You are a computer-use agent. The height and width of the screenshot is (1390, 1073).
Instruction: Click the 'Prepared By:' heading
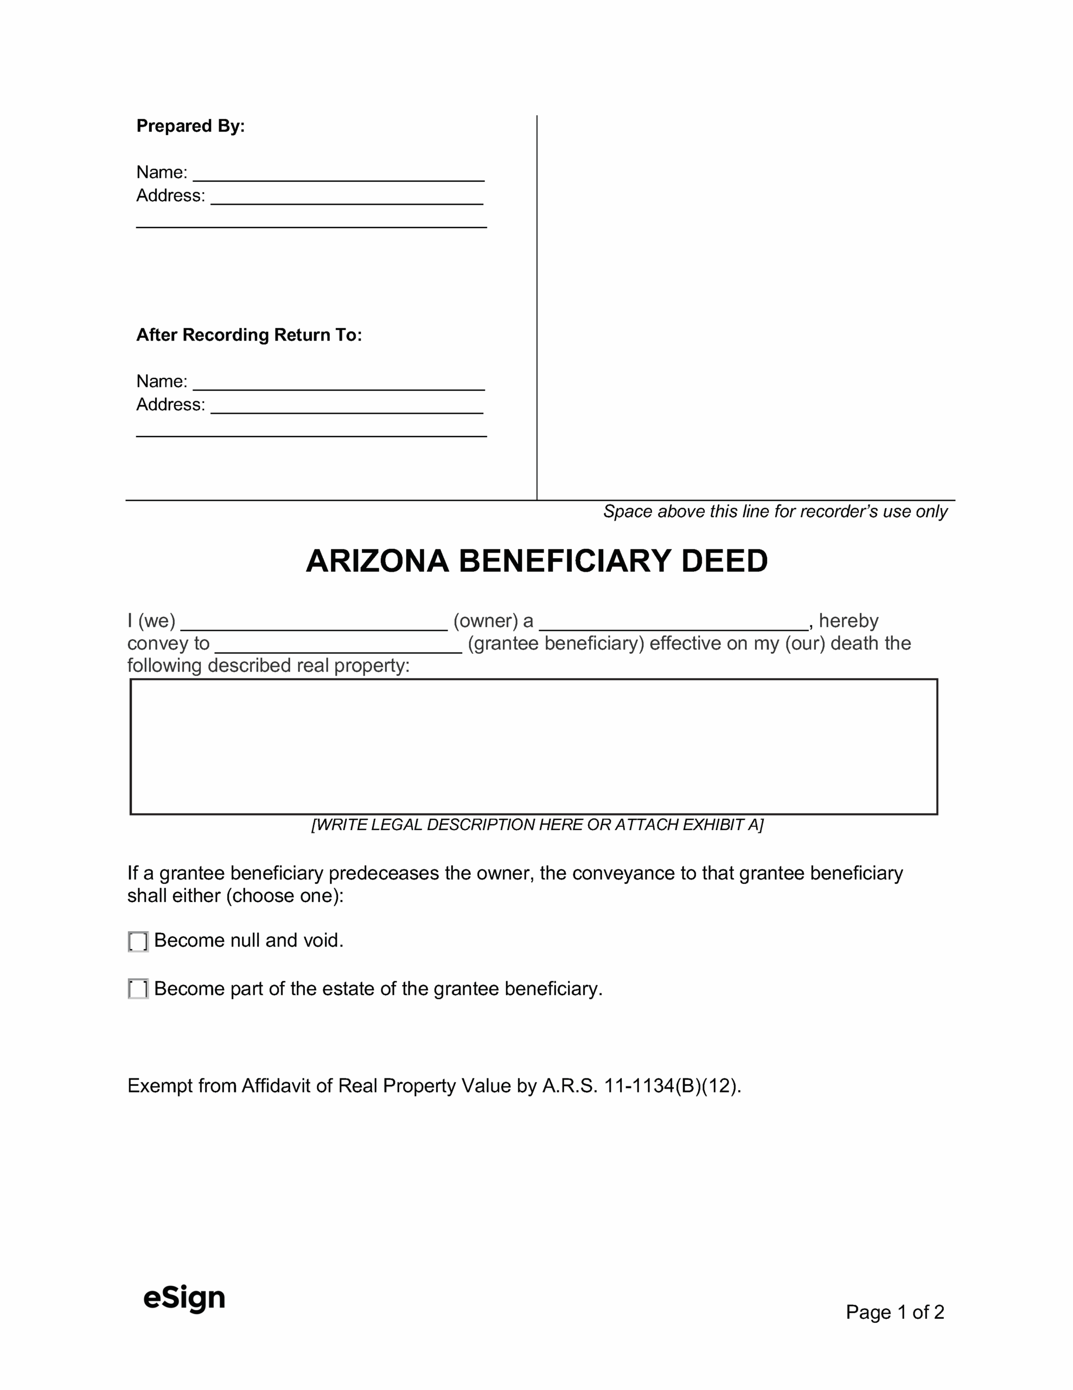pyautogui.click(x=190, y=126)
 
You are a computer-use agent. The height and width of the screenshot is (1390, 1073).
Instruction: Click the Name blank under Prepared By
pyautogui.click(x=338, y=174)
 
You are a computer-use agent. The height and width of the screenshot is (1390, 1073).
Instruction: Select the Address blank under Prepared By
pyautogui.click(x=347, y=197)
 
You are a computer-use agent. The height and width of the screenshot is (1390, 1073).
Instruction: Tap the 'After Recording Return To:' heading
pyautogui.click(x=248, y=335)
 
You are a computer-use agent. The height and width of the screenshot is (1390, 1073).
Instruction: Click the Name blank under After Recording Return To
pyautogui.click(x=338, y=382)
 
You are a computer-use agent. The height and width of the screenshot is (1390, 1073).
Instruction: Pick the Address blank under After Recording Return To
pyautogui.click(x=347, y=406)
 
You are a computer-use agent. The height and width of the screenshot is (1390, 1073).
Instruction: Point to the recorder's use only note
pyautogui.click(x=775, y=511)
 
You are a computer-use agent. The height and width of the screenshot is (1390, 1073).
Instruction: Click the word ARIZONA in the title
pyautogui.click(x=377, y=561)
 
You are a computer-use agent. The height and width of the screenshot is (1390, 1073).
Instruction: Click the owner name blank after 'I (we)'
pyautogui.click(x=314, y=622)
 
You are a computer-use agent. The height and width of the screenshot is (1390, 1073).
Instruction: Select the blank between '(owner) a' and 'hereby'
pyautogui.click(x=674, y=622)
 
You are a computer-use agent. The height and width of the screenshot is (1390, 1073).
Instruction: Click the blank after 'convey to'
pyautogui.click(x=338, y=645)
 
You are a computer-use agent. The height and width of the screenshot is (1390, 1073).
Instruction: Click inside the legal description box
pyautogui.click(x=534, y=747)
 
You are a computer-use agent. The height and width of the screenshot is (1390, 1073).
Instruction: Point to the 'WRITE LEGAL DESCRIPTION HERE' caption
pyautogui.click(x=537, y=825)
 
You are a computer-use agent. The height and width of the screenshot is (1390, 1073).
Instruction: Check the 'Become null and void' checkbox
pyautogui.click(x=138, y=942)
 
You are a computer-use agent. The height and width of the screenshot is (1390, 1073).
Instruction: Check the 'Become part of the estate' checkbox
pyautogui.click(x=138, y=989)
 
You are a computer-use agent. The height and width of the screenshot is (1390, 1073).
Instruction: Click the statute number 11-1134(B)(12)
pyautogui.click(x=672, y=1086)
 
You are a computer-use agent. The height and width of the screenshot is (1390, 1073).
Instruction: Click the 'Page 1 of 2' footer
pyautogui.click(x=895, y=1312)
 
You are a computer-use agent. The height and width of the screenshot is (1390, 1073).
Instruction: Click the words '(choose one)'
pyautogui.click(x=284, y=896)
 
